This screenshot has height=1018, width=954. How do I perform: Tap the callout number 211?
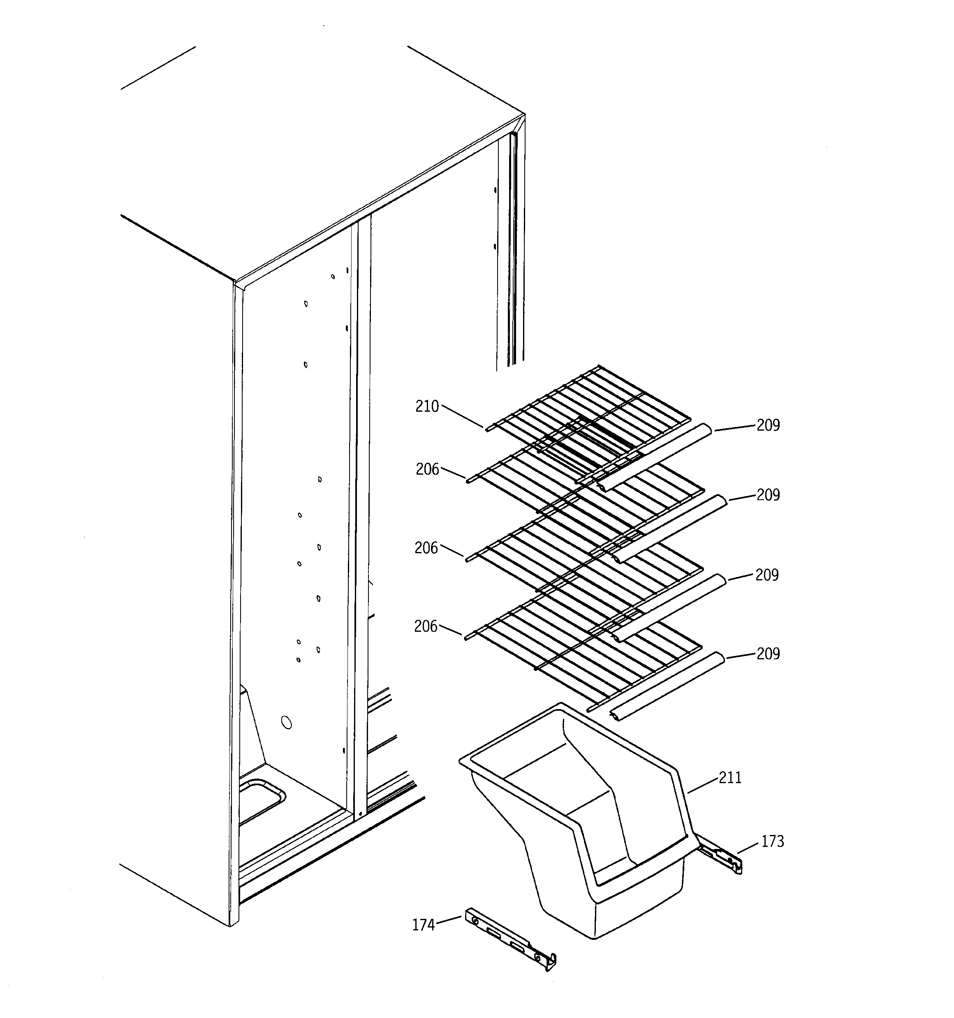[x=730, y=778]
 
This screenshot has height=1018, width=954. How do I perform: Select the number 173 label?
[x=772, y=841]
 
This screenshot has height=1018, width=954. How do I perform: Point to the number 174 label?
[x=423, y=925]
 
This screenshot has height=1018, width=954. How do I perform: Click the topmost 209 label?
[x=768, y=425]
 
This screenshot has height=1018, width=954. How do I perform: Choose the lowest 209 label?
[x=768, y=654]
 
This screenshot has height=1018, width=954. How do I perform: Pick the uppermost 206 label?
[x=427, y=469]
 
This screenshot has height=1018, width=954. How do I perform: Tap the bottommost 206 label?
[x=426, y=626]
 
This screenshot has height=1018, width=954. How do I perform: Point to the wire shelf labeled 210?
[x=589, y=410]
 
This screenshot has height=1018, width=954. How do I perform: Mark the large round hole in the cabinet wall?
[x=286, y=723]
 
